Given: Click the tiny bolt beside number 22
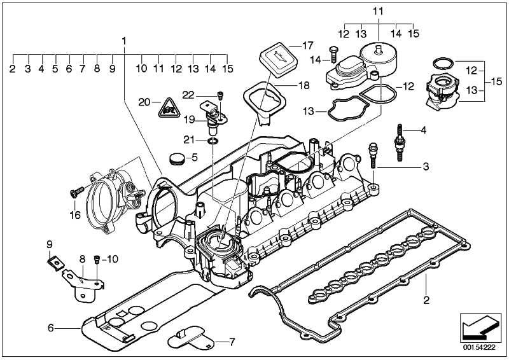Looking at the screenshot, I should (x=220, y=95).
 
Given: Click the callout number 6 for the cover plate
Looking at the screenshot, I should (x=50, y=328).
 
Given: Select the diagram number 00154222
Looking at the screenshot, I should (x=477, y=349).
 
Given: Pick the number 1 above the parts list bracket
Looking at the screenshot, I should (x=125, y=41).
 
